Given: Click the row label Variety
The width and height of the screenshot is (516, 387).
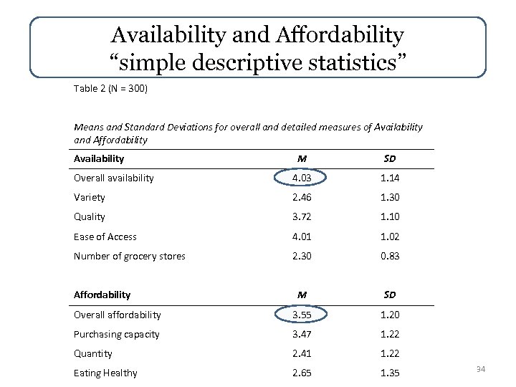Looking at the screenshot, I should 89,197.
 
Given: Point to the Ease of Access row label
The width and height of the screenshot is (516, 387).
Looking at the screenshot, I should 105,236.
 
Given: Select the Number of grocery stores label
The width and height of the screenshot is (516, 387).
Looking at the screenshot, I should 129,256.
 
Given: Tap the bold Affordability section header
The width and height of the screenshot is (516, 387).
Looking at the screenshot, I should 102,295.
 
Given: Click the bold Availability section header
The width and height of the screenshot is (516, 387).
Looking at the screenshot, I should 99,158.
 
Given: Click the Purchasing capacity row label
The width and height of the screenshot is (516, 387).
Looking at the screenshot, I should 116,334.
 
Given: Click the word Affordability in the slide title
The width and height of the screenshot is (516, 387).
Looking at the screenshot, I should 343,34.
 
